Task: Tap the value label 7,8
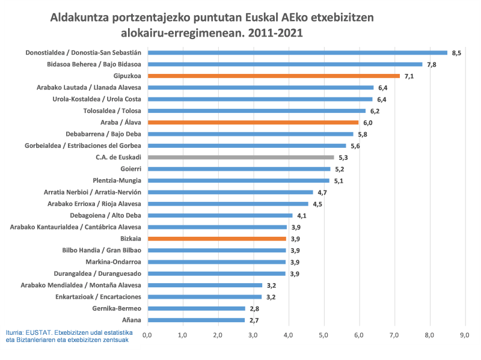pyautogui.click(x=431, y=65)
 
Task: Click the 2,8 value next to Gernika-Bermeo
pyautogui.click(x=254, y=308)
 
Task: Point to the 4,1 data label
pyautogui.click(x=302, y=216)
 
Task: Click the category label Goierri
pyautogui.click(x=130, y=169)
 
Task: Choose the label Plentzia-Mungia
pyautogui.click(x=117, y=180)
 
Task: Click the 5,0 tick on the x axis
pyautogui.click(x=324, y=334)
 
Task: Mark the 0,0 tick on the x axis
pyautogui.click(x=147, y=334)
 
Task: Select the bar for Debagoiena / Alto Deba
pyautogui.click(x=219, y=215)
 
